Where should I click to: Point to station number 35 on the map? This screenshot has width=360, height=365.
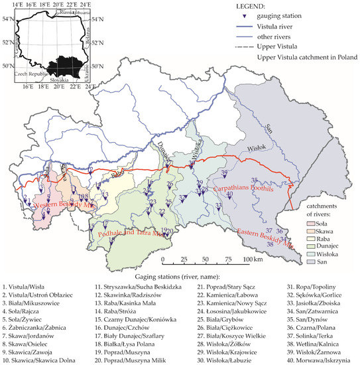(253, 181)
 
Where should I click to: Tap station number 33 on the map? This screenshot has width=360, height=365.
(218, 206)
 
